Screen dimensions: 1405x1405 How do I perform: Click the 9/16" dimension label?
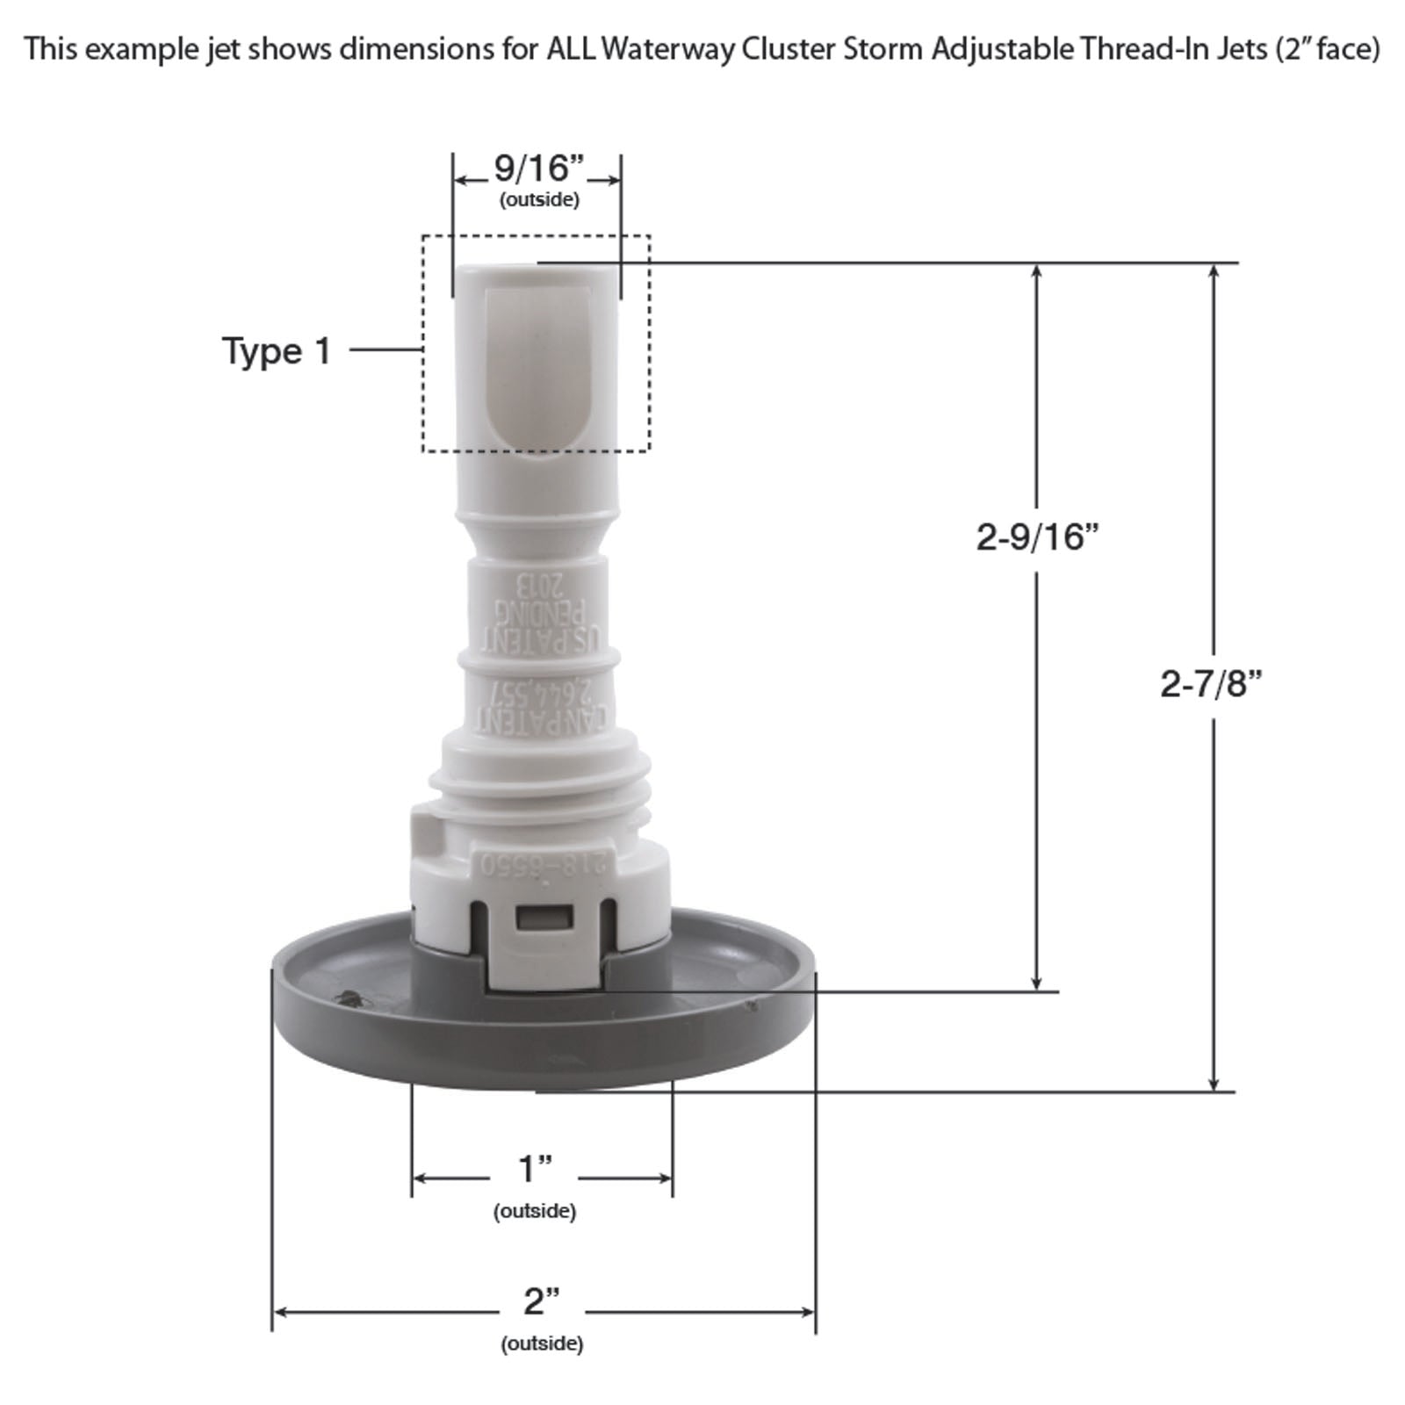pos(538,168)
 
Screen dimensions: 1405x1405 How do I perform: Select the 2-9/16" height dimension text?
pos(1037,537)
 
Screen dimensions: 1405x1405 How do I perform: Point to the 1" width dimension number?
pos(535,1170)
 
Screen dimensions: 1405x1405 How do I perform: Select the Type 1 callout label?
pos(277,351)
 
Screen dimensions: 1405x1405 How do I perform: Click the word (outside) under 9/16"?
pos(539,200)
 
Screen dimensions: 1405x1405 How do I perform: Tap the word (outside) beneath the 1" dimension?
pos(535,1212)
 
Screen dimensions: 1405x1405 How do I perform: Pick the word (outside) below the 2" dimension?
pos(542,1344)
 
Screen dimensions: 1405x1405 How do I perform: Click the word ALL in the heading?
pos(572,49)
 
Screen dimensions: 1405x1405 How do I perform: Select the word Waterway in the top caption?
pos(668,49)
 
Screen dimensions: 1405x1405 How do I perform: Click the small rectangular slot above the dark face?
pos(544,919)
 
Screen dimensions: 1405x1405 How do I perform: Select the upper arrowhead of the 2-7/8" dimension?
pos(1214,272)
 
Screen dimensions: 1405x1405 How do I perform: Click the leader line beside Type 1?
pos(386,349)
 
